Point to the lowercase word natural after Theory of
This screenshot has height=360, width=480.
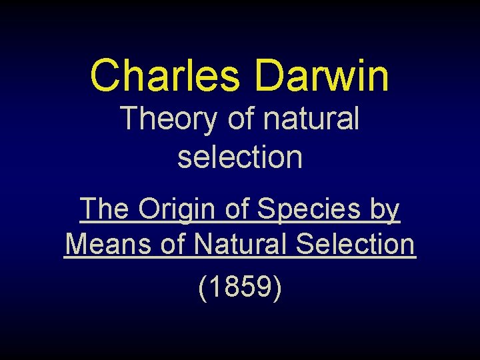point(311,120)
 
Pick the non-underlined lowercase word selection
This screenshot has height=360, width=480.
point(240,157)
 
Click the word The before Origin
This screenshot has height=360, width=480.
point(105,209)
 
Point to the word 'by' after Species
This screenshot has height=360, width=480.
point(385,211)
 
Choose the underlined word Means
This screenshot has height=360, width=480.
point(108,244)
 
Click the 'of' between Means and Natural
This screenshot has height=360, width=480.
point(173,244)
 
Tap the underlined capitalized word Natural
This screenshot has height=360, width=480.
point(241,244)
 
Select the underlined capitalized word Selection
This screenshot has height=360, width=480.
point(355,244)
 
